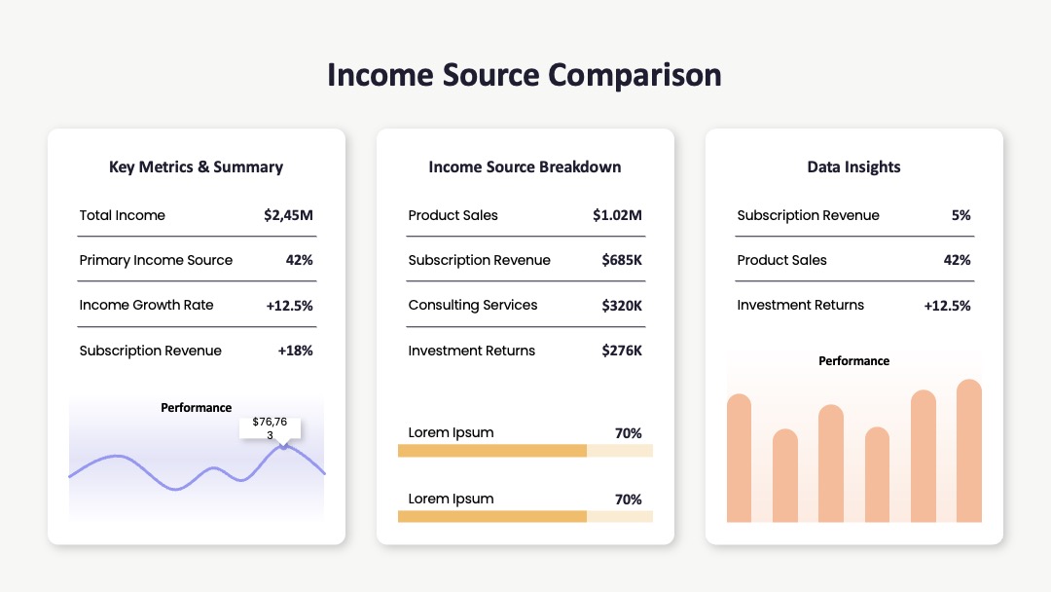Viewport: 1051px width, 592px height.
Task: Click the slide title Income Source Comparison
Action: (525, 74)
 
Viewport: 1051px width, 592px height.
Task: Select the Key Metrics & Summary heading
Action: (196, 166)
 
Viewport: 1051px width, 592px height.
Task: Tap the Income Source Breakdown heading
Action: (525, 166)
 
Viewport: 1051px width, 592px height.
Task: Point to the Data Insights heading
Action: (853, 166)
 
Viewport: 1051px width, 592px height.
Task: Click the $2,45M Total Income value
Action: (288, 215)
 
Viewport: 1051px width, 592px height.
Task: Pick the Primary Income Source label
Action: (156, 260)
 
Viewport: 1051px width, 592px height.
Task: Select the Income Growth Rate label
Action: (146, 305)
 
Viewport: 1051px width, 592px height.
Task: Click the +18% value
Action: (295, 351)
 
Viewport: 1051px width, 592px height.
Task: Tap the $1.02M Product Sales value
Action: (617, 215)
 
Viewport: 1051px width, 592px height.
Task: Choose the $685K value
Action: (621, 260)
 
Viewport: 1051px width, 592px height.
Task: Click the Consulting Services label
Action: (473, 305)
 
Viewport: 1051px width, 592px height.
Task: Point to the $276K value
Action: (621, 351)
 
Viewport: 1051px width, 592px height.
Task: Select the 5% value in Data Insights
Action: (960, 215)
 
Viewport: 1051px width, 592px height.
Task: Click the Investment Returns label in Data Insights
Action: (800, 305)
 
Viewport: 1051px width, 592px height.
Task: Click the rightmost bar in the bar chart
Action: (968, 451)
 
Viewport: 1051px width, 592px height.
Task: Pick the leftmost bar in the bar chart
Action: (740, 458)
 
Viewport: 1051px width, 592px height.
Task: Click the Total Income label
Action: (122, 215)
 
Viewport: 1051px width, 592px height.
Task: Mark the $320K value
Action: (621, 306)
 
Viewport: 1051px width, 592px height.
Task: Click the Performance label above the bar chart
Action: (853, 360)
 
